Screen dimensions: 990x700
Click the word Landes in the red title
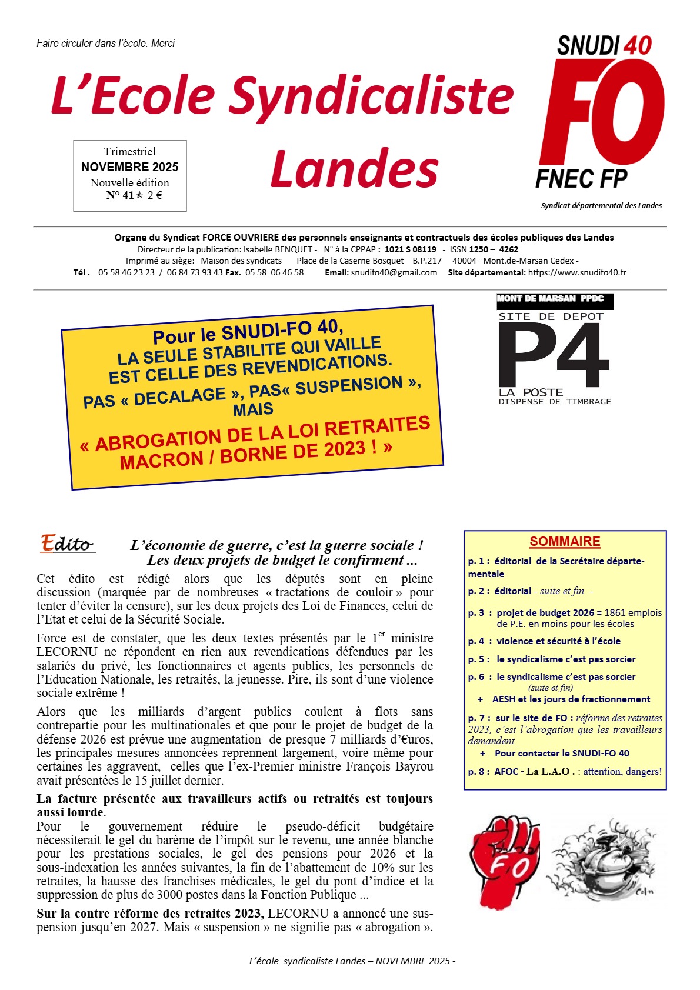(355, 169)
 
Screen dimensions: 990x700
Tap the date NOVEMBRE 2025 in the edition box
(130, 167)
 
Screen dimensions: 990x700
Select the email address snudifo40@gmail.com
(394, 272)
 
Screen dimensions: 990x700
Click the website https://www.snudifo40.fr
(577, 272)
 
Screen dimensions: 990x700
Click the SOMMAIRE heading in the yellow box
(565, 542)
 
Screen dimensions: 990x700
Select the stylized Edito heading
(67, 544)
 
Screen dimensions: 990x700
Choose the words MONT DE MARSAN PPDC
(551, 299)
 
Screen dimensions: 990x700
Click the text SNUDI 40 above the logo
(604, 46)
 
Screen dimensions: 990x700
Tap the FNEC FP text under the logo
(581, 179)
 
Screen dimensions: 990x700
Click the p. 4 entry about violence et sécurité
(544, 641)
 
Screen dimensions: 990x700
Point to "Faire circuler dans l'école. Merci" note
(106, 44)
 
